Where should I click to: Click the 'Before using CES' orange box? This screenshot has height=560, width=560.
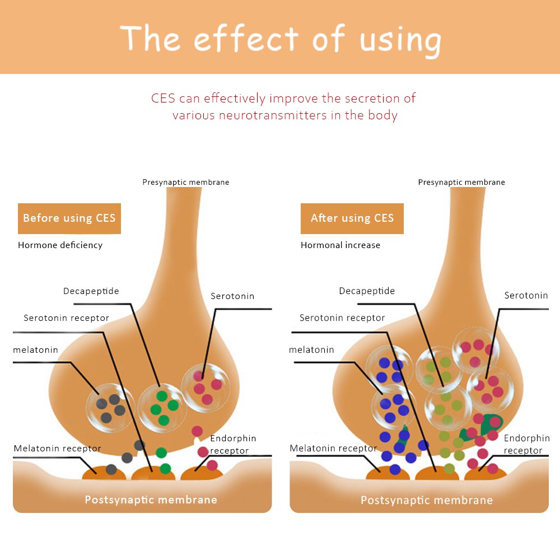coord(69,218)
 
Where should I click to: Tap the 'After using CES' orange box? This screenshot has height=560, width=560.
coord(352,218)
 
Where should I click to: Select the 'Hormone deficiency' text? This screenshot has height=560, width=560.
coord(60,245)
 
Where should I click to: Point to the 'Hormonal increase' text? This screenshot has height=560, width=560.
coord(340,245)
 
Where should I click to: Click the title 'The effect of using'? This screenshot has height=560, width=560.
coord(280,38)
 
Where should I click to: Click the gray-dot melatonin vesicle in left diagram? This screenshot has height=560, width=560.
coord(110,408)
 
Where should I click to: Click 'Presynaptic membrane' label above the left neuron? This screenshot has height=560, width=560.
coord(185,183)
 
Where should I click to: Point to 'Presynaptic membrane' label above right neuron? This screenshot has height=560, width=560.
coord(461,183)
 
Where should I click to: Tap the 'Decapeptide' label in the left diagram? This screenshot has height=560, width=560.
coord(91,291)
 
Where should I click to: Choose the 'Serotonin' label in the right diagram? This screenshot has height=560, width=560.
coord(526,296)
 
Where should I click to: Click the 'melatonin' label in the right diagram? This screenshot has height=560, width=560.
coord(311,350)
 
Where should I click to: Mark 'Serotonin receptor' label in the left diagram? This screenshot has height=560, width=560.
coord(67,318)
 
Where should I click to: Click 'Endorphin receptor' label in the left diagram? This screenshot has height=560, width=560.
coord(232,444)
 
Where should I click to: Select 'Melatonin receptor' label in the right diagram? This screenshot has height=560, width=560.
coord(334,449)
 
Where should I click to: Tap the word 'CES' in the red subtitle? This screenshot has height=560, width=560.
coord(164,99)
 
